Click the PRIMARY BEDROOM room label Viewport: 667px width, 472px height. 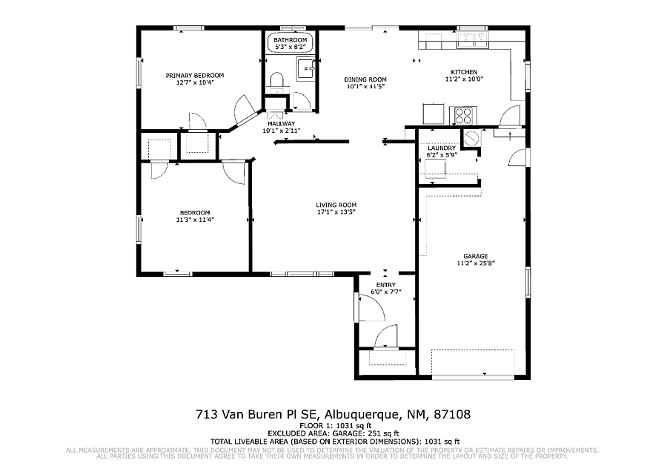click(x=194, y=76)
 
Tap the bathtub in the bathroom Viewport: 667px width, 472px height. click(x=290, y=43)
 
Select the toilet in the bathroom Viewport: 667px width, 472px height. click(x=277, y=82)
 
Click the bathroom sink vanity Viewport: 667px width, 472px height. click(x=306, y=68)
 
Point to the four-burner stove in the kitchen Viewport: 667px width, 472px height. click(x=463, y=115)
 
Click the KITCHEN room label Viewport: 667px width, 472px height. click(x=464, y=72)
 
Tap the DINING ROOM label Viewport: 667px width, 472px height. click(x=365, y=79)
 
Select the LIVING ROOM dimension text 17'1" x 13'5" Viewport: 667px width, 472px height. click(x=336, y=212)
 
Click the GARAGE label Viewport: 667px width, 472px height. click(x=476, y=256)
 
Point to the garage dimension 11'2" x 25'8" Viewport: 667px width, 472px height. click(x=476, y=263)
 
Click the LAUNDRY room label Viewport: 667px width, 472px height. click(x=442, y=148)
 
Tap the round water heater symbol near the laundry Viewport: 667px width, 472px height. click(x=471, y=138)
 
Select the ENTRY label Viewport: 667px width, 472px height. click(x=386, y=284)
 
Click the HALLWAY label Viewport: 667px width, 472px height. click(x=281, y=123)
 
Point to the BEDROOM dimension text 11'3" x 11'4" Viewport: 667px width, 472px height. click(x=195, y=220)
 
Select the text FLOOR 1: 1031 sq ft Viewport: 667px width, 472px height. click(x=336, y=425)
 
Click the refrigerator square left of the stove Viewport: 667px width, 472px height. click(x=434, y=114)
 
